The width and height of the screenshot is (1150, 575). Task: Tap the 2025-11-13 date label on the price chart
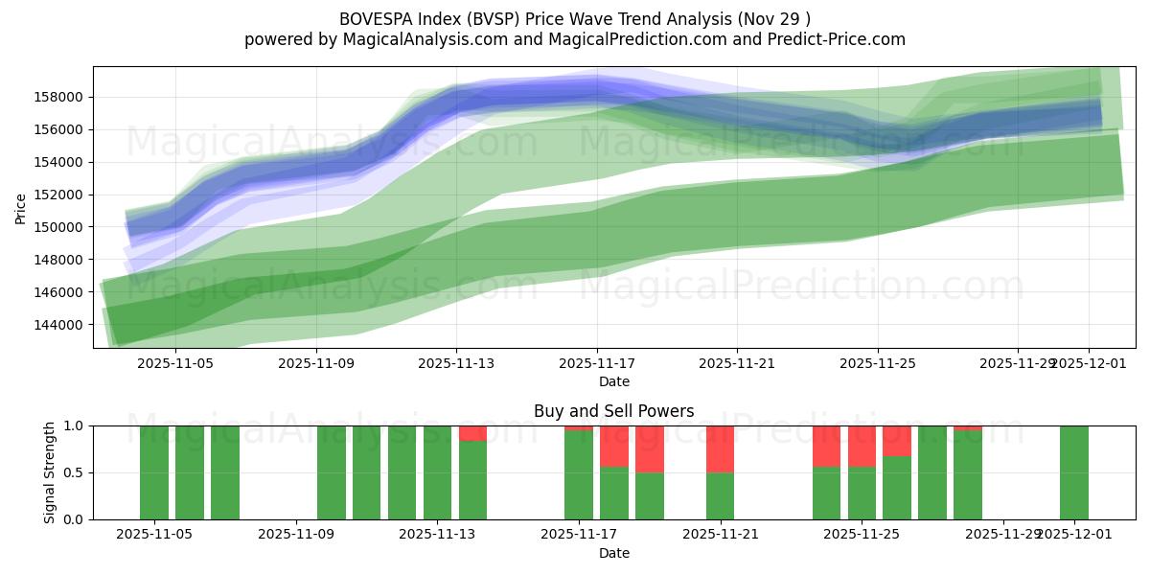pos(456,363)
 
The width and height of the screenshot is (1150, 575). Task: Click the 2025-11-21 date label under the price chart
pos(737,363)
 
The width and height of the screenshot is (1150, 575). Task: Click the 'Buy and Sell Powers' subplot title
pos(613,412)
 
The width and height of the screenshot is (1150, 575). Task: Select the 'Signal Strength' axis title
pos(50,472)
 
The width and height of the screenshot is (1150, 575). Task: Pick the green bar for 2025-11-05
pos(154,472)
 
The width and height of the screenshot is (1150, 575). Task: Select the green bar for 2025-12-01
pos(1073,472)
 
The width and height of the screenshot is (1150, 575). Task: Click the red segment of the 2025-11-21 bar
pos(720,448)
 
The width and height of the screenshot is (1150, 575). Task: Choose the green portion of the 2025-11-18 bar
pos(614,493)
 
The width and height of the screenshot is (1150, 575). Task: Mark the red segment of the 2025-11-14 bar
pos(472,433)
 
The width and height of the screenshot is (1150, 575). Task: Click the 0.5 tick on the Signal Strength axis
pos(73,472)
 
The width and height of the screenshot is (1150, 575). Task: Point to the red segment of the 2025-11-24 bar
pos(826,446)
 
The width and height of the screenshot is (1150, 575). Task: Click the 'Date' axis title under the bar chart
pos(613,553)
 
